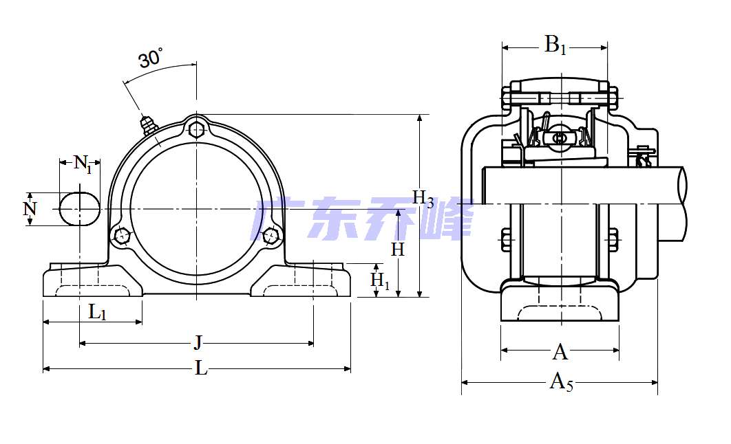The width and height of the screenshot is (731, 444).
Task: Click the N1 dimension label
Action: click(83, 164)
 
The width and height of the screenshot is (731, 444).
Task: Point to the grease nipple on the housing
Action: click(147, 124)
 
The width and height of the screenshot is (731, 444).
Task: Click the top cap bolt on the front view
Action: click(197, 129)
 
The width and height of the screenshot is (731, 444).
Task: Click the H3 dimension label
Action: click(423, 199)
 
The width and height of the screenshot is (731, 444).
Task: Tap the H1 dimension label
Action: click(380, 280)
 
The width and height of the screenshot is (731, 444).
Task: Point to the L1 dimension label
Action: click(98, 313)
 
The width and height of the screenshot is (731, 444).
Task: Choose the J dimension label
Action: click(198, 342)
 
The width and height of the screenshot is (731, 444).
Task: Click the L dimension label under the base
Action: click(200, 368)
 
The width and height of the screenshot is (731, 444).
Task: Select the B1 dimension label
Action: click(555, 46)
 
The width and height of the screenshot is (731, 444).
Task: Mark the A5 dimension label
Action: click(561, 381)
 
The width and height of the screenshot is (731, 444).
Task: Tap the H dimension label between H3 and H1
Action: click(398, 249)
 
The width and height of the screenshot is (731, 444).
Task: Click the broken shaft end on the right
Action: click(684, 203)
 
